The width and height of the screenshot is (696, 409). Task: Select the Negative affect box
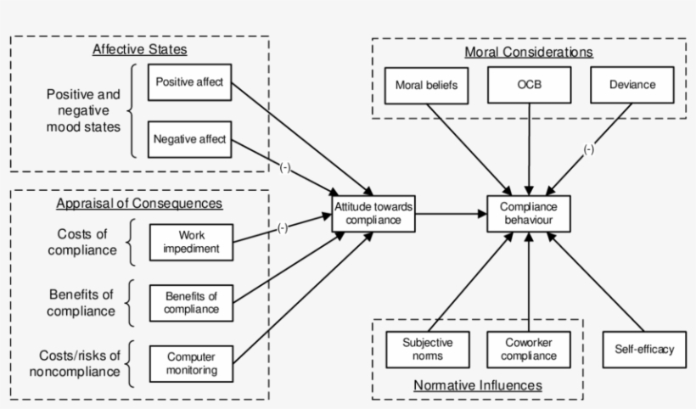pyautogui.click(x=189, y=139)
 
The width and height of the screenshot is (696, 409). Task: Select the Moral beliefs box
pyautogui.click(x=425, y=85)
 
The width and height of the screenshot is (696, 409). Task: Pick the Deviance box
pyautogui.click(x=632, y=85)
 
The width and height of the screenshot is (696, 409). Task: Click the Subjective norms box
pyautogui.click(x=428, y=349)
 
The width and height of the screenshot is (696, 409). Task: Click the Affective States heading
pyautogui.click(x=139, y=49)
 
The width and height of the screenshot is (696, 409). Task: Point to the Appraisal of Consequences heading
pyautogui.click(x=139, y=204)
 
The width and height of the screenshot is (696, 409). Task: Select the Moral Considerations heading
pyautogui.click(x=528, y=52)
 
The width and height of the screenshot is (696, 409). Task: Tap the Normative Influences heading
pyautogui.click(x=477, y=385)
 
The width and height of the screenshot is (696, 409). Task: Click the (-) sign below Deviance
pyautogui.click(x=588, y=150)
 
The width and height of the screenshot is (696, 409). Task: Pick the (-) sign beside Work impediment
pyautogui.click(x=283, y=227)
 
